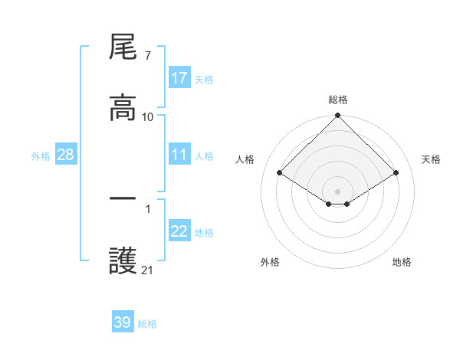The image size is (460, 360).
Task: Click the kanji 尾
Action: [123, 48]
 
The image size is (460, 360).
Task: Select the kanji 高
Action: [123, 107]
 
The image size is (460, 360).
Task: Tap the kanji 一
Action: [123, 198]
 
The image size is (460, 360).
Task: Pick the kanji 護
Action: [123, 260]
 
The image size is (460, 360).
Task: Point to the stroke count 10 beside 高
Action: [148, 117]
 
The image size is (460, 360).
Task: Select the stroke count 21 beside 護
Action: [148, 270]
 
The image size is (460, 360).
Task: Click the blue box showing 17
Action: [179, 78]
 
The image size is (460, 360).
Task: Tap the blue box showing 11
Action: [179, 155]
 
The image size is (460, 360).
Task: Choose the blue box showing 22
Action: [179, 231]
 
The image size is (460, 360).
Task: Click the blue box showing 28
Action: [66, 155]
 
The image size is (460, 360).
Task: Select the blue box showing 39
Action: [123, 322]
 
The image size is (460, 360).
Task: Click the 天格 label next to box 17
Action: [204, 79]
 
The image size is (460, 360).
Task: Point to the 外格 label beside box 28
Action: [41, 155]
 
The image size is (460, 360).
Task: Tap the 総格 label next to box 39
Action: [147, 323]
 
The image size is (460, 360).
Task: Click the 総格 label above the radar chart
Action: [338, 100]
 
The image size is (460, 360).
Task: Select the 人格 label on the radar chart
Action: [246, 159]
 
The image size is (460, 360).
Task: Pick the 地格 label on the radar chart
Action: [402, 262]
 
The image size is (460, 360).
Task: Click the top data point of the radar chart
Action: [338, 116]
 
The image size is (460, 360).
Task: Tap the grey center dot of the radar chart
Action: [338, 191]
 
